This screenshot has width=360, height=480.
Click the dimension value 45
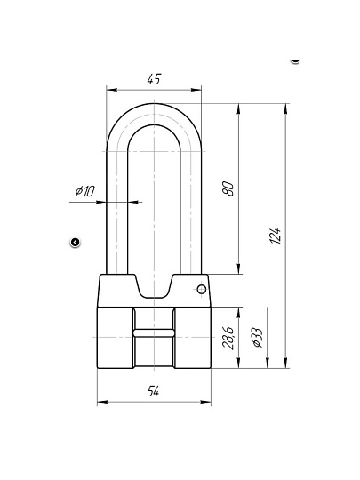(154, 79)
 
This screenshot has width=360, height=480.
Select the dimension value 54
(153, 391)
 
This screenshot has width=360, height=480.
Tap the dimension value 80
(228, 188)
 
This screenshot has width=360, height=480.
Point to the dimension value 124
(276, 236)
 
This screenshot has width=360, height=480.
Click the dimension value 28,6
(228, 338)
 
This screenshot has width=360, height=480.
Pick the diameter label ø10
(85, 191)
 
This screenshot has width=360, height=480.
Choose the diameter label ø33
(257, 338)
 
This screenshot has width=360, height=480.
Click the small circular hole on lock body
(201, 289)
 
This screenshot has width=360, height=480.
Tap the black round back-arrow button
(75, 243)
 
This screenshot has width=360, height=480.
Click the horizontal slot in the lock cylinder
(154, 332)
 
